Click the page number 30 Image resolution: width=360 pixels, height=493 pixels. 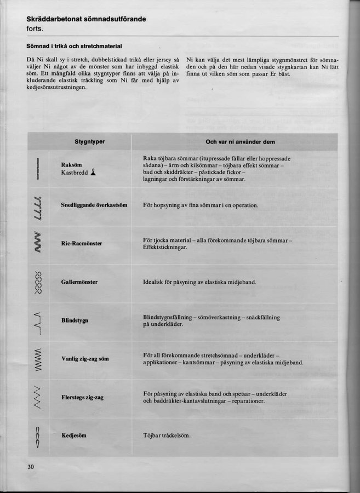(x=30, y=466)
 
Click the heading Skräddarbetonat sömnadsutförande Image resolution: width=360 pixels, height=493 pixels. (x=86, y=19)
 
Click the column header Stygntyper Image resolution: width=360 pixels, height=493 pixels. (x=89, y=142)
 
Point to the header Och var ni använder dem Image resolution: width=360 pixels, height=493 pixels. (x=240, y=142)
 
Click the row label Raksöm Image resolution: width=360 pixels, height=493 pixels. (x=72, y=164)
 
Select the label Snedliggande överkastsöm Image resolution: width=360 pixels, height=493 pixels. (x=94, y=205)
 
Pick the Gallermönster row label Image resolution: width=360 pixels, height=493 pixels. (x=79, y=282)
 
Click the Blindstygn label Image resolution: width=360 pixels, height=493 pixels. (x=75, y=320)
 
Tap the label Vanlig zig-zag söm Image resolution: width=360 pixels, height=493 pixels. (x=85, y=359)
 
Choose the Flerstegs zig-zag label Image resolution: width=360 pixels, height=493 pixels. (x=83, y=397)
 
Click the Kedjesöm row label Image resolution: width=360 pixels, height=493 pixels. (x=74, y=435)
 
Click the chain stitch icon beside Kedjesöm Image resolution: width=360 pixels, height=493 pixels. (x=38, y=436)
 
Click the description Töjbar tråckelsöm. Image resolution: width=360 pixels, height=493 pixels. (x=167, y=435)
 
